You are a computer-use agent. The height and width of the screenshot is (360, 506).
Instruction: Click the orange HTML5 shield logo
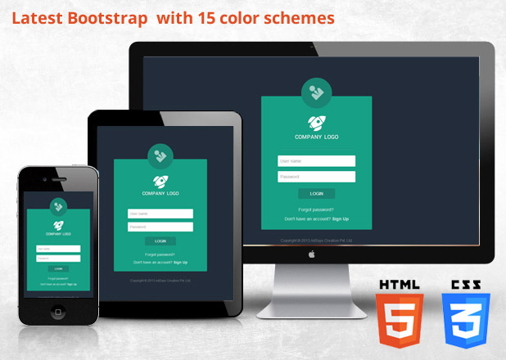[x=399, y=315]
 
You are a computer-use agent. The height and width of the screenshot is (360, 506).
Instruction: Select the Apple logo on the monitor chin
[x=312, y=254]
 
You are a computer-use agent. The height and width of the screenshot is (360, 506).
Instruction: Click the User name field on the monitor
[x=316, y=161]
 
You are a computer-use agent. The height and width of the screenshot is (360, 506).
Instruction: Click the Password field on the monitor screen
[x=316, y=177]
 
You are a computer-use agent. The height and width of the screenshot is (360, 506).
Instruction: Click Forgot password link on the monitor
[x=316, y=209]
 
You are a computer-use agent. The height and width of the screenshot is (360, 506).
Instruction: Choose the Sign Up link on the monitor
[x=341, y=219]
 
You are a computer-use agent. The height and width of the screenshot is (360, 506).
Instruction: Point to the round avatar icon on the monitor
[x=316, y=92]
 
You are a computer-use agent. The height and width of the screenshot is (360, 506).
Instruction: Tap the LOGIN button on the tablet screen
[x=160, y=241]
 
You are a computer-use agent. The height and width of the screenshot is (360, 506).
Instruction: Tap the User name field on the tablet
[x=160, y=214]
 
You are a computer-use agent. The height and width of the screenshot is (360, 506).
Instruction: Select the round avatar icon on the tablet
[x=160, y=156]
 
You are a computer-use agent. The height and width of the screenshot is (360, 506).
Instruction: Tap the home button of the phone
[x=58, y=312]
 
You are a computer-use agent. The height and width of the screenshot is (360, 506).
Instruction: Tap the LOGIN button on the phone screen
[x=58, y=268]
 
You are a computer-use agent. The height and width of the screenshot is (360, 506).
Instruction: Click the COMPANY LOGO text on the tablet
[x=160, y=194]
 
